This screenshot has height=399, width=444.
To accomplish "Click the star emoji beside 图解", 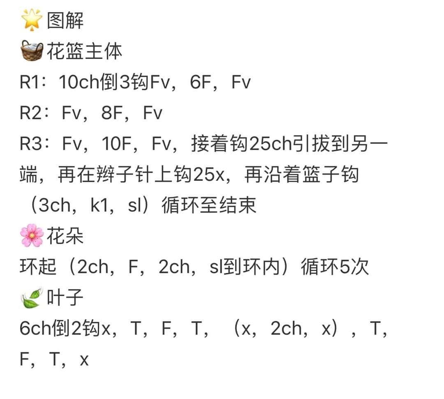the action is click(x=32, y=20).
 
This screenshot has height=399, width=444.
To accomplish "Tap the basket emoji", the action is click(x=32, y=51).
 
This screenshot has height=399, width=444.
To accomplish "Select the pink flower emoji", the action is click(x=32, y=235).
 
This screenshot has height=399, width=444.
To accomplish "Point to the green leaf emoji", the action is click(x=31, y=298).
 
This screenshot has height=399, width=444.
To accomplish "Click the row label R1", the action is click(x=30, y=82).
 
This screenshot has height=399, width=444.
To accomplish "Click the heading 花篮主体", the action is click(x=84, y=51).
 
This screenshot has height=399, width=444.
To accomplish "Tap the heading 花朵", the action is click(x=65, y=236).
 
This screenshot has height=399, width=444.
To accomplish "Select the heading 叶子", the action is click(x=65, y=298).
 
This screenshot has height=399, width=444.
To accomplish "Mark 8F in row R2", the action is click(x=112, y=113).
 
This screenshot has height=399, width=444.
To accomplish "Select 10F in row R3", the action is click(x=116, y=143).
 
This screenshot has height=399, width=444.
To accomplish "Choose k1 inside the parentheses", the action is click(x=99, y=205).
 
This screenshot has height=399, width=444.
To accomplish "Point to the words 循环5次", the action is click(x=335, y=267).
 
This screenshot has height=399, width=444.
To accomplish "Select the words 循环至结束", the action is click(x=209, y=205).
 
